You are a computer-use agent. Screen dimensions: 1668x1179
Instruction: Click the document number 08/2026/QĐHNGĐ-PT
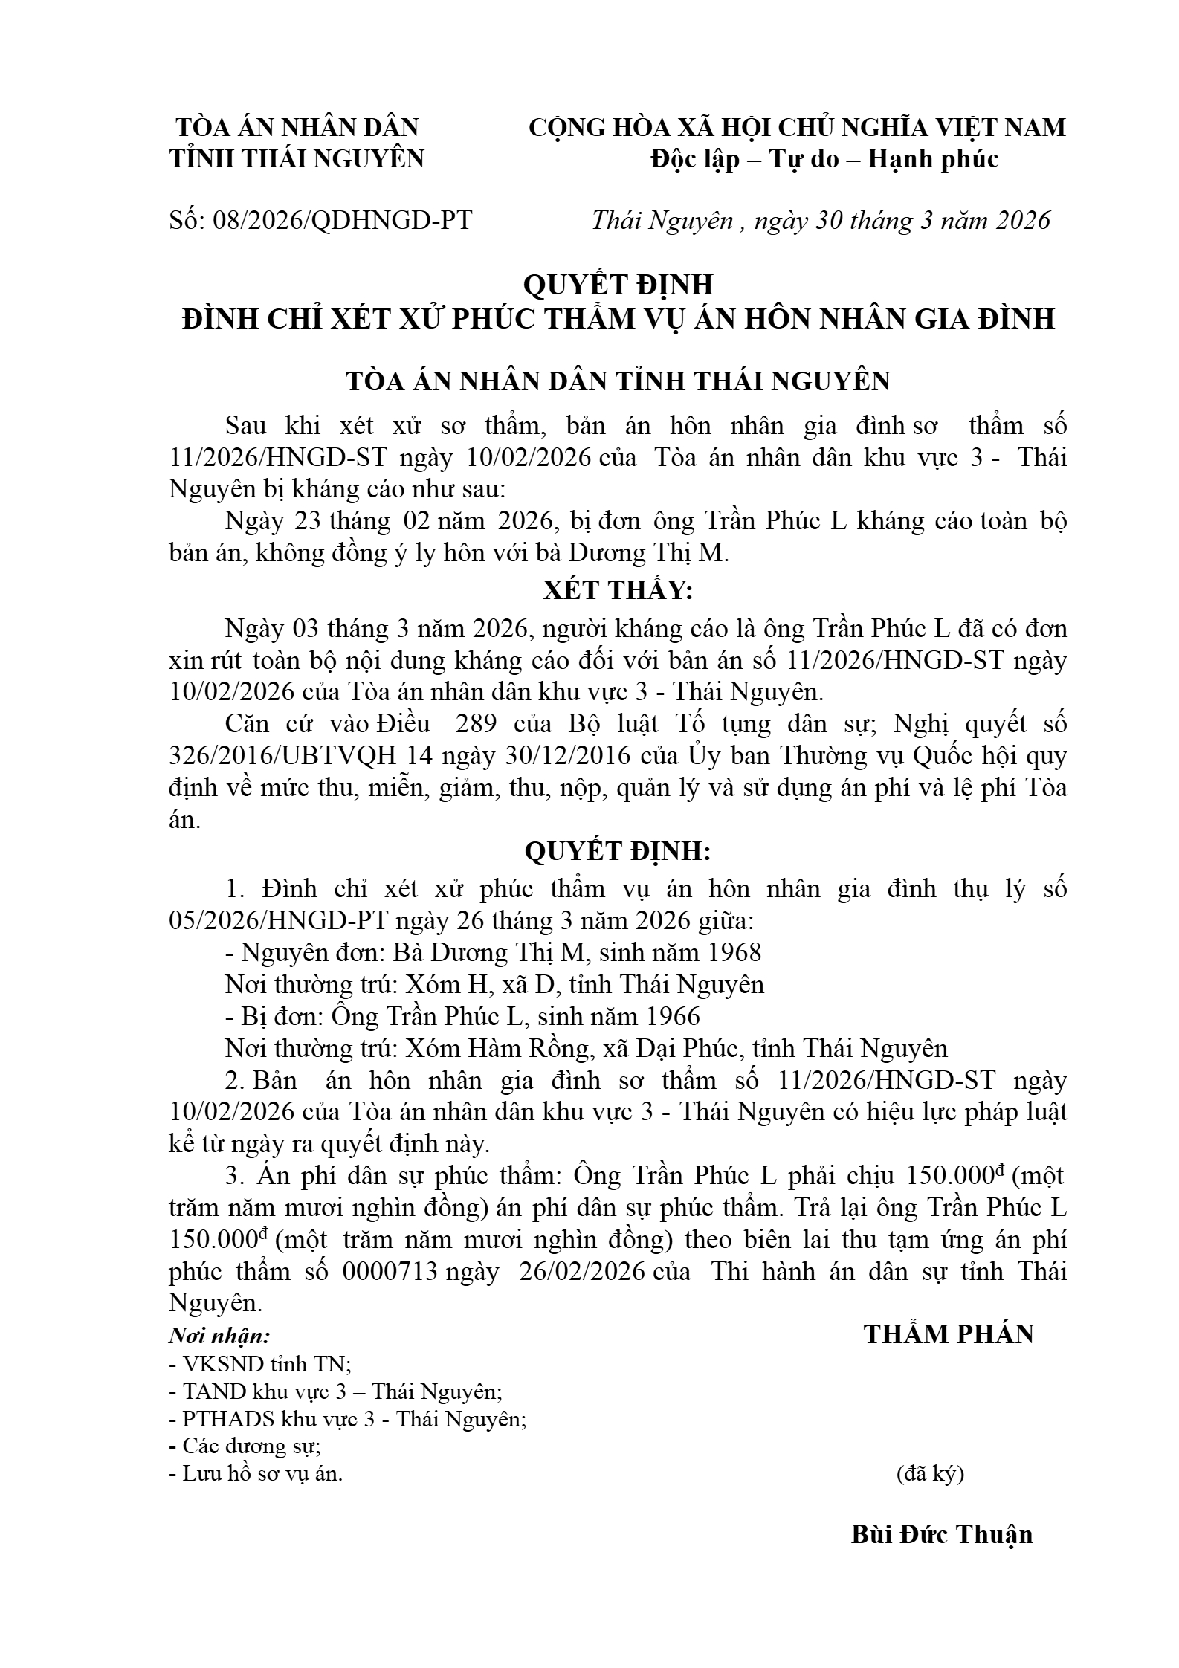point(342,221)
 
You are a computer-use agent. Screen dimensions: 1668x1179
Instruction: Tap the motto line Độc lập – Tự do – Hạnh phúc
point(824,159)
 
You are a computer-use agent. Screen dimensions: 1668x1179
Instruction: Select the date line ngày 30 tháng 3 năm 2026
point(902,221)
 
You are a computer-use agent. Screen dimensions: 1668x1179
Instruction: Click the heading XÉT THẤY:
point(618,591)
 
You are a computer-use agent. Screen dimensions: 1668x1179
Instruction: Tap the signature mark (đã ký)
point(930,1474)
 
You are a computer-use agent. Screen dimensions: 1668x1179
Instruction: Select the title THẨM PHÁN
point(949,1334)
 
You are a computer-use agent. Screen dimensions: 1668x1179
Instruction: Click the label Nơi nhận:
point(219,1336)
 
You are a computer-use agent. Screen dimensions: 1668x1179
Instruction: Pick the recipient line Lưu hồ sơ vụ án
point(256,1474)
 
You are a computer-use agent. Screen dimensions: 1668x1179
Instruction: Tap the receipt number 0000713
point(390,1272)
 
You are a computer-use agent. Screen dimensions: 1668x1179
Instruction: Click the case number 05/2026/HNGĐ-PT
point(278,921)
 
